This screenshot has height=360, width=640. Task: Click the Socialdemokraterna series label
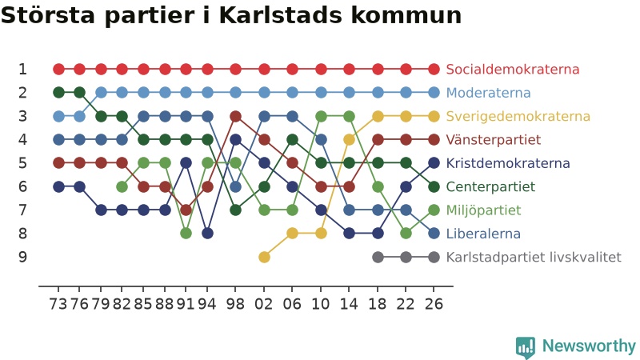[x=512, y=69]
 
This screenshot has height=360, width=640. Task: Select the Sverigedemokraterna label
[x=518, y=116]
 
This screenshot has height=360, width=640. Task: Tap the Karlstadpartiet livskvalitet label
[x=534, y=257]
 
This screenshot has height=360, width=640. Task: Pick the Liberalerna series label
[x=483, y=234]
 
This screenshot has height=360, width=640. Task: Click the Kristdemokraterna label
[x=508, y=163]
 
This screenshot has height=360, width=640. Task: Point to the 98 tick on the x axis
[x=235, y=304]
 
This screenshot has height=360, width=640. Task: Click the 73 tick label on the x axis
[x=58, y=304]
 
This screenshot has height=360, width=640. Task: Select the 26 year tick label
[x=434, y=304]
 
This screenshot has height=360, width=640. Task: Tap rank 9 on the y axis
[x=23, y=257]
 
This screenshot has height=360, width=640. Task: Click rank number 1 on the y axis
[x=23, y=69]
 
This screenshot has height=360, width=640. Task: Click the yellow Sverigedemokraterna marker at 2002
[x=264, y=257]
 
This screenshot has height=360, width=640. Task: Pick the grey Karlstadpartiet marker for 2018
[x=378, y=257]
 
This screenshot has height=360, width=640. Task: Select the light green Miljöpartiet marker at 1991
[x=186, y=234]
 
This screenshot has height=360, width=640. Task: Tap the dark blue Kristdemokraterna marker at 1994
[x=207, y=234]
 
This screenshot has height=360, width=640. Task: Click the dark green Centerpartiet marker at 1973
[x=58, y=93]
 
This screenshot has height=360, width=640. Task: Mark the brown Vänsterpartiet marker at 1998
[x=235, y=116]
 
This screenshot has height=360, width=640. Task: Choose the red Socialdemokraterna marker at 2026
[x=434, y=69]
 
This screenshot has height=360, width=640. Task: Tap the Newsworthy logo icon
[x=526, y=347]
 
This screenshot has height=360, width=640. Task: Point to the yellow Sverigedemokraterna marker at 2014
[x=349, y=139]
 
